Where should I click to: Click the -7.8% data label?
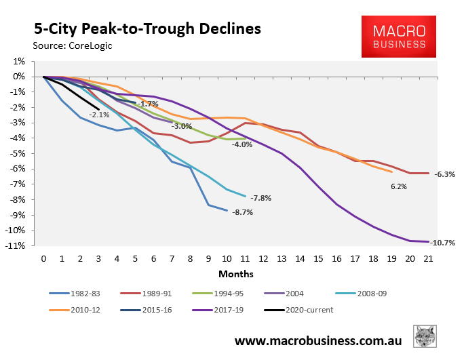(x=261, y=198)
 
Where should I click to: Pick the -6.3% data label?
(x=444, y=174)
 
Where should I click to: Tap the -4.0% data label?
(x=241, y=144)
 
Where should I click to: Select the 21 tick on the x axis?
(x=428, y=258)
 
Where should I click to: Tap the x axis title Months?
(x=235, y=274)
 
